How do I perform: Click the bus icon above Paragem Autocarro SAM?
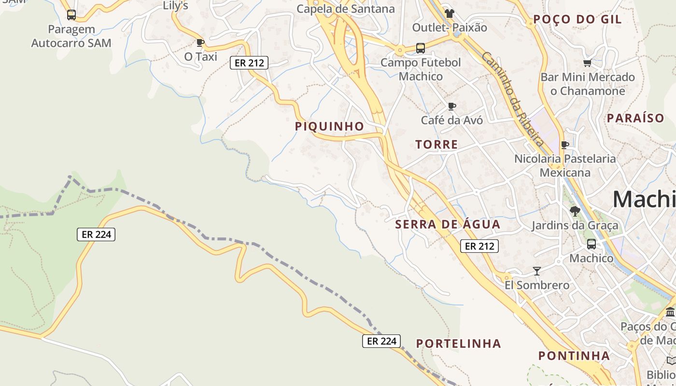tap(71, 15)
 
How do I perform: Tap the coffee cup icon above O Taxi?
tap(201, 42)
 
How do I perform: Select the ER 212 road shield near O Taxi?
tap(249, 62)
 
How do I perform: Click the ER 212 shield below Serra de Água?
tap(479, 246)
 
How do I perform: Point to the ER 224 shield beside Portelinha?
tap(381, 341)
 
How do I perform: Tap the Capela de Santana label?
tap(345, 9)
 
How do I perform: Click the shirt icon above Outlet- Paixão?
tap(450, 14)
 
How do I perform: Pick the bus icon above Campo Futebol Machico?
tap(421, 48)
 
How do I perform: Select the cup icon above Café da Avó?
tap(452, 106)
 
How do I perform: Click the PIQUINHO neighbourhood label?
tap(330, 126)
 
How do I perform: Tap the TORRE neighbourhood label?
tap(437, 144)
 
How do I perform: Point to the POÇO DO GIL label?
tap(577, 20)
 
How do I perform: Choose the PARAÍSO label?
tap(635, 118)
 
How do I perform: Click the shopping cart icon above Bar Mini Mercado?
tap(588, 63)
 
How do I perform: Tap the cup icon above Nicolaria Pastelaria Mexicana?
tap(565, 145)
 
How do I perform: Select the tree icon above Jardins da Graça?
tap(575, 211)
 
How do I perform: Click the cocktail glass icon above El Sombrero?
tap(536, 271)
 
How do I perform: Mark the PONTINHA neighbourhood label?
tap(574, 356)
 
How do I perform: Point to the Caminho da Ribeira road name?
tap(513, 99)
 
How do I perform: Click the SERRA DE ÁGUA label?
tap(448, 224)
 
